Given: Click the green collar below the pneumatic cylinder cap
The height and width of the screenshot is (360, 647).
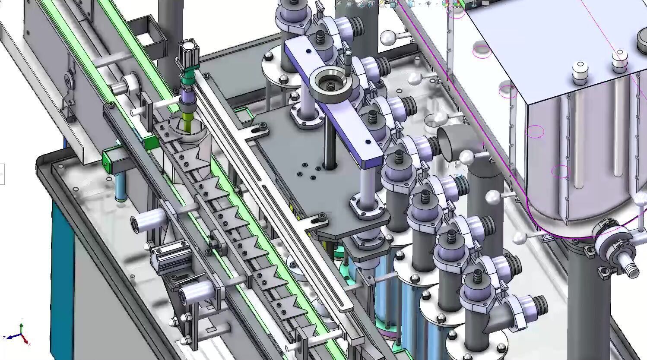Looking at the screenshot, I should pos(188,80).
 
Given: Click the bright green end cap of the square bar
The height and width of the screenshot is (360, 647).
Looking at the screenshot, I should pos(106,161).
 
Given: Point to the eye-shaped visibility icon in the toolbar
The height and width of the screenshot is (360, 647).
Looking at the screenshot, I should pos(428,4).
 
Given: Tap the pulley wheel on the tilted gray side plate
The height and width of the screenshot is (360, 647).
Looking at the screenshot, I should pos(68,80).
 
